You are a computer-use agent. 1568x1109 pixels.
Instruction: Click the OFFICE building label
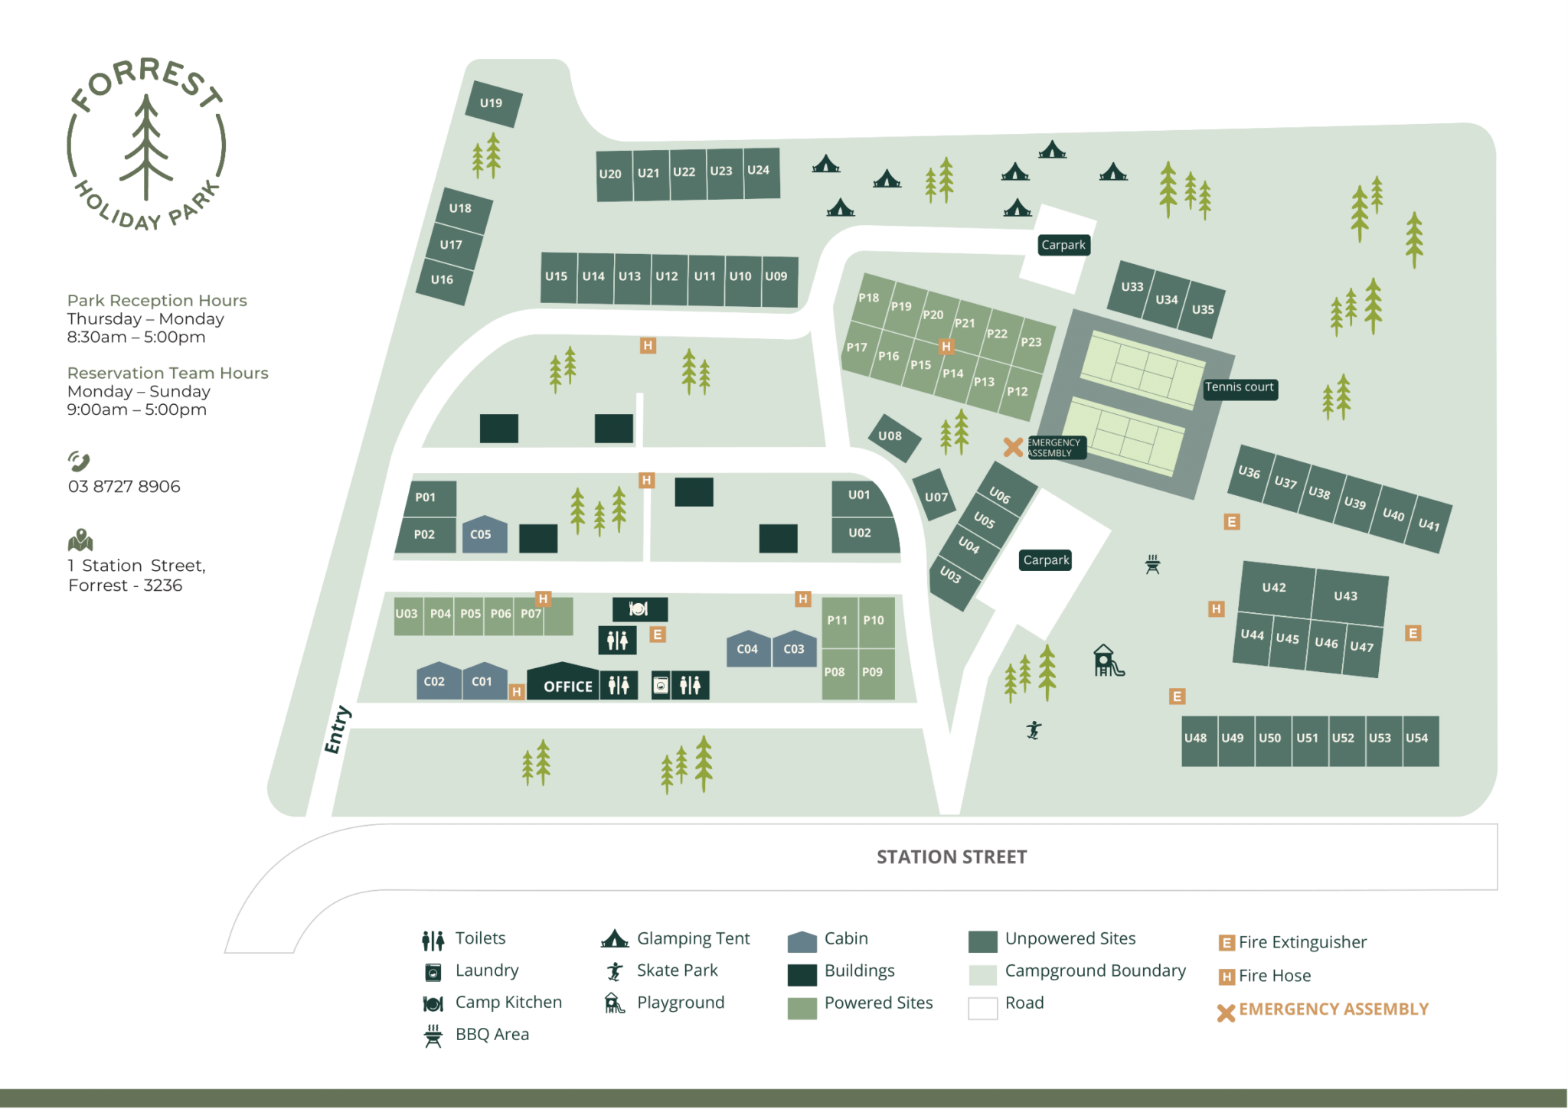(x=567, y=686)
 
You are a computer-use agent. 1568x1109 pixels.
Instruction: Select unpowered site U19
(x=492, y=103)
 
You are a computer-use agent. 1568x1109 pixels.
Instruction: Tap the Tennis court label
(x=1239, y=387)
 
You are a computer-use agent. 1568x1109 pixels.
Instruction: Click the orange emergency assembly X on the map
(x=1013, y=447)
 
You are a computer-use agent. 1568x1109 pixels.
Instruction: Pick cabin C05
(x=482, y=534)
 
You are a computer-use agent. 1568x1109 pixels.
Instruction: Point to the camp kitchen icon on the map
(x=639, y=609)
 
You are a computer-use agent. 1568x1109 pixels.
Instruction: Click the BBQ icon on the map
(x=1152, y=565)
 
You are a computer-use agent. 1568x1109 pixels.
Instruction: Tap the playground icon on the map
(x=1107, y=661)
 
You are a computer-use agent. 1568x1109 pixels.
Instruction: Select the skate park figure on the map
(x=1034, y=730)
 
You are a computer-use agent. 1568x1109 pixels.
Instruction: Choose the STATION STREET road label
(x=951, y=857)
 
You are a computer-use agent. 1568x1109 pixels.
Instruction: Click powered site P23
(x=1031, y=342)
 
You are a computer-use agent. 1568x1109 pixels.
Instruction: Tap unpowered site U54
(x=1416, y=739)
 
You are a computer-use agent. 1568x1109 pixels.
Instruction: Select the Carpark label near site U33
(x=1063, y=245)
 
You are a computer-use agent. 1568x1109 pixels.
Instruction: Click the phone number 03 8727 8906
(x=124, y=487)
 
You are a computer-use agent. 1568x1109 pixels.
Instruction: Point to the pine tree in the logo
(x=146, y=145)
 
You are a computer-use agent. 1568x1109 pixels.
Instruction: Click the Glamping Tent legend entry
(x=693, y=938)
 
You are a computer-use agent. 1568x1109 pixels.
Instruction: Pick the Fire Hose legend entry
(x=1274, y=976)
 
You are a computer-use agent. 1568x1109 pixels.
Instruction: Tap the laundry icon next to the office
(x=661, y=685)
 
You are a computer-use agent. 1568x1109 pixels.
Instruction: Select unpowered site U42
(x=1274, y=588)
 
